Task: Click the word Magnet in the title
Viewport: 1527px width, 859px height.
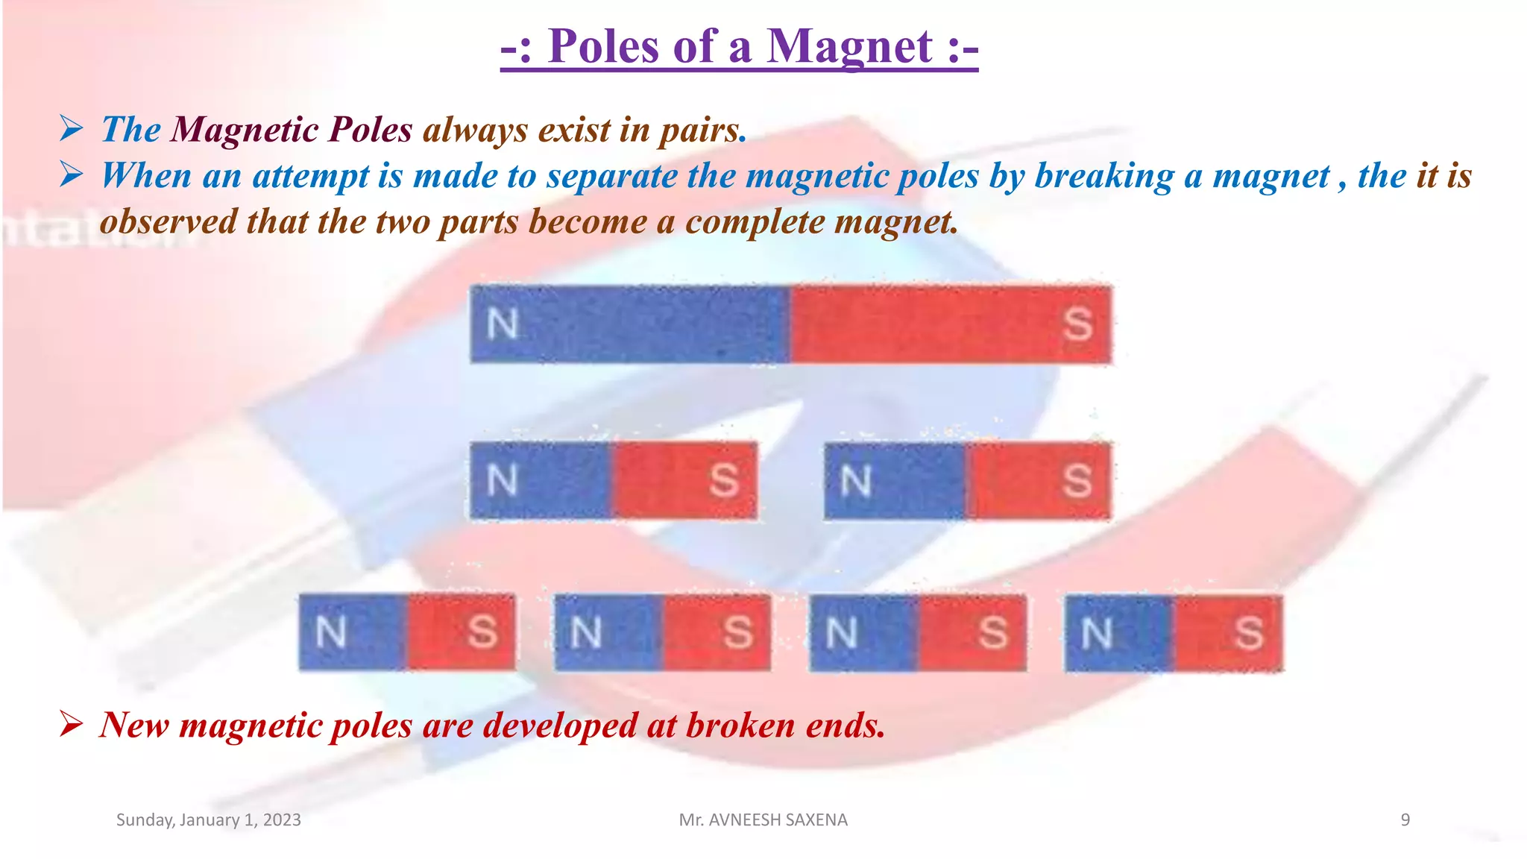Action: pos(849,47)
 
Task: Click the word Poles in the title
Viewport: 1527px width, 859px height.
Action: pos(604,47)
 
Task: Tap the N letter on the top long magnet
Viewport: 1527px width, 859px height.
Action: pos(503,324)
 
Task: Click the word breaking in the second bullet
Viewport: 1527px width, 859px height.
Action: pos(1103,177)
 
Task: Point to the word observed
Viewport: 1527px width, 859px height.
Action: pos(169,222)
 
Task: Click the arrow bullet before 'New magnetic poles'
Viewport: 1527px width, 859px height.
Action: pos(72,723)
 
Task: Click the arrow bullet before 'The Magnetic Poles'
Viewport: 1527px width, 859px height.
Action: pos(72,129)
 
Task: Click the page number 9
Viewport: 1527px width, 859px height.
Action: pos(1405,819)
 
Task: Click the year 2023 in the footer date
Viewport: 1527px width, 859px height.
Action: pos(282,819)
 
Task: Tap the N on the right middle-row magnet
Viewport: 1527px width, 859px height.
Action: pos(856,480)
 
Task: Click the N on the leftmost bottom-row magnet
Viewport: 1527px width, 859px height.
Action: pos(331,632)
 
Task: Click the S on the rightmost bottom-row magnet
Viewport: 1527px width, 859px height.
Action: pos(1248,633)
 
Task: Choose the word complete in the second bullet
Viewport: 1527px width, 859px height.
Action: pos(753,222)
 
